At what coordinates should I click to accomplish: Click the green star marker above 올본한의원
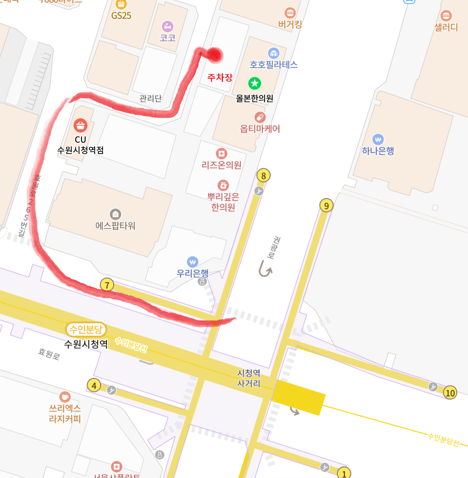tap(255, 84)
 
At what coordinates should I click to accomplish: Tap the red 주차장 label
tap(220, 77)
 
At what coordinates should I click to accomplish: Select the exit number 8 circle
tap(263, 176)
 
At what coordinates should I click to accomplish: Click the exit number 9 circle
tap(326, 206)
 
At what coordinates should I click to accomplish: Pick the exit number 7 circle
tap(107, 285)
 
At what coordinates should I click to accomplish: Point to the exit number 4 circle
tap(94, 385)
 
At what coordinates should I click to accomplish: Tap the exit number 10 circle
tap(450, 393)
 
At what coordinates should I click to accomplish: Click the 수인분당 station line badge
tap(86, 329)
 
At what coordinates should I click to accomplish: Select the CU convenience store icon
tap(80, 125)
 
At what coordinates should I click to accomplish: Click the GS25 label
tap(121, 16)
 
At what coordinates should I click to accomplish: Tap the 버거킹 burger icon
tap(290, 13)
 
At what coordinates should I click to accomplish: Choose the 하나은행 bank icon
tap(378, 140)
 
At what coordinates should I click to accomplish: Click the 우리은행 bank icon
tap(192, 262)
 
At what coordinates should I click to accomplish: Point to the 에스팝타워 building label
tap(115, 226)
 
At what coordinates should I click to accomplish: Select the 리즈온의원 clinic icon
tap(222, 153)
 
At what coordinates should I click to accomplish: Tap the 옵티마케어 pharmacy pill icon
tap(260, 117)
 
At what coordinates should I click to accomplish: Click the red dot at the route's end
tap(214, 55)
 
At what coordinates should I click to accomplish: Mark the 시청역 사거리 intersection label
tap(249, 378)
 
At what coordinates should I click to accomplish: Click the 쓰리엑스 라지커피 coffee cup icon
tap(65, 397)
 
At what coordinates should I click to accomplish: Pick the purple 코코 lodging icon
tap(168, 26)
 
